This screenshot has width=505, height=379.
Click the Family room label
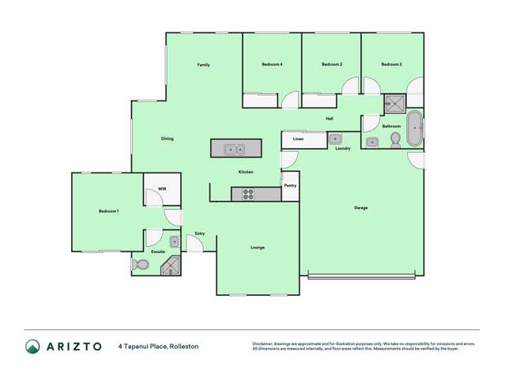(x=203, y=64)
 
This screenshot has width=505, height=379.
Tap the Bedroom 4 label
(x=273, y=64)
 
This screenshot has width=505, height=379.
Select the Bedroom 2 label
(x=332, y=64)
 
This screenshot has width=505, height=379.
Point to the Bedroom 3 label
(x=391, y=64)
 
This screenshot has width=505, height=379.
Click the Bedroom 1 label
(x=108, y=211)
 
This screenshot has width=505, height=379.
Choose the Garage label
(x=360, y=207)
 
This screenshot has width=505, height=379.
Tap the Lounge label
(x=258, y=248)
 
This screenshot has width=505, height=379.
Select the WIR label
(x=162, y=188)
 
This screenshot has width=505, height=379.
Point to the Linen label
(x=298, y=139)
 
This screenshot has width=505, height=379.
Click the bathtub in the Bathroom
(x=415, y=129)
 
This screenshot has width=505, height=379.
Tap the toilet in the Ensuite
(x=140, y=265)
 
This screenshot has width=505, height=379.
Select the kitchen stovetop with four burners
(x=247, y=193)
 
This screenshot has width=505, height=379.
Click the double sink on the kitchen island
(x=234, y=148)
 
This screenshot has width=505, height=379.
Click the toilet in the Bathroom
(x=394, y=140)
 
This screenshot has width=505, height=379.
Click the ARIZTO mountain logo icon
(x=32, y=346)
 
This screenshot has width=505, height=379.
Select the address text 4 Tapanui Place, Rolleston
(x=158, y=346)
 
